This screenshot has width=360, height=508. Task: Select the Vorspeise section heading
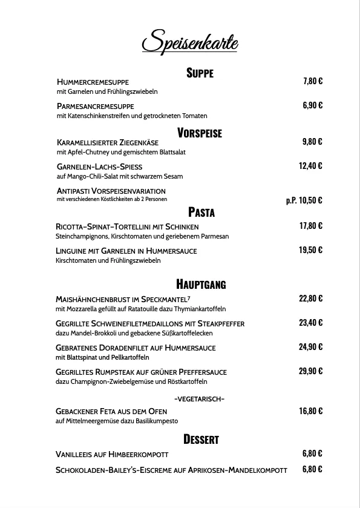pyautogui.click(x=200, y=133)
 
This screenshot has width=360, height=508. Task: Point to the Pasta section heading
pyautogui.click(x=201, y=212)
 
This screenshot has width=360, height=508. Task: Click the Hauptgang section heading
pyautogui.click(x=201, y=283)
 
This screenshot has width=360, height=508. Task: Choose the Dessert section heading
pyautogui.click(x=201, y=439)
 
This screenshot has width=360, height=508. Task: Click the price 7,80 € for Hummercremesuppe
pyautogui.click(x=312, y=81)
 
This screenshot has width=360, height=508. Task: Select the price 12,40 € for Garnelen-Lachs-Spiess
pyautogui.click(x=310, y=166)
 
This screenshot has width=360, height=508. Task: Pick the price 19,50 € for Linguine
pyautogui.click(x=310, y=250)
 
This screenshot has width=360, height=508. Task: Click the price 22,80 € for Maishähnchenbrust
pyautogui.click(x=310, y=298)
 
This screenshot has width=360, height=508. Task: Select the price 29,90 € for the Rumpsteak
pyautogui.click(x=310, y=371)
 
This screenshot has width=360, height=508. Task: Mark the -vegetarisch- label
pyautogui.click(x=199, y=398)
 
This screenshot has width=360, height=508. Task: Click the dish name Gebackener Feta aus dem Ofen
pyautogui.click(x=111, y=411)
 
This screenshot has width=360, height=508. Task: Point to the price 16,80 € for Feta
pyautogui.click(x=310, y=411)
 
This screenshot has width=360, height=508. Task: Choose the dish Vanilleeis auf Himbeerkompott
pyautogui.click(x=112, y=454)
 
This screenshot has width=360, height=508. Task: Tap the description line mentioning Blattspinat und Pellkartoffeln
pyautogui.click(x=97, y=357)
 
